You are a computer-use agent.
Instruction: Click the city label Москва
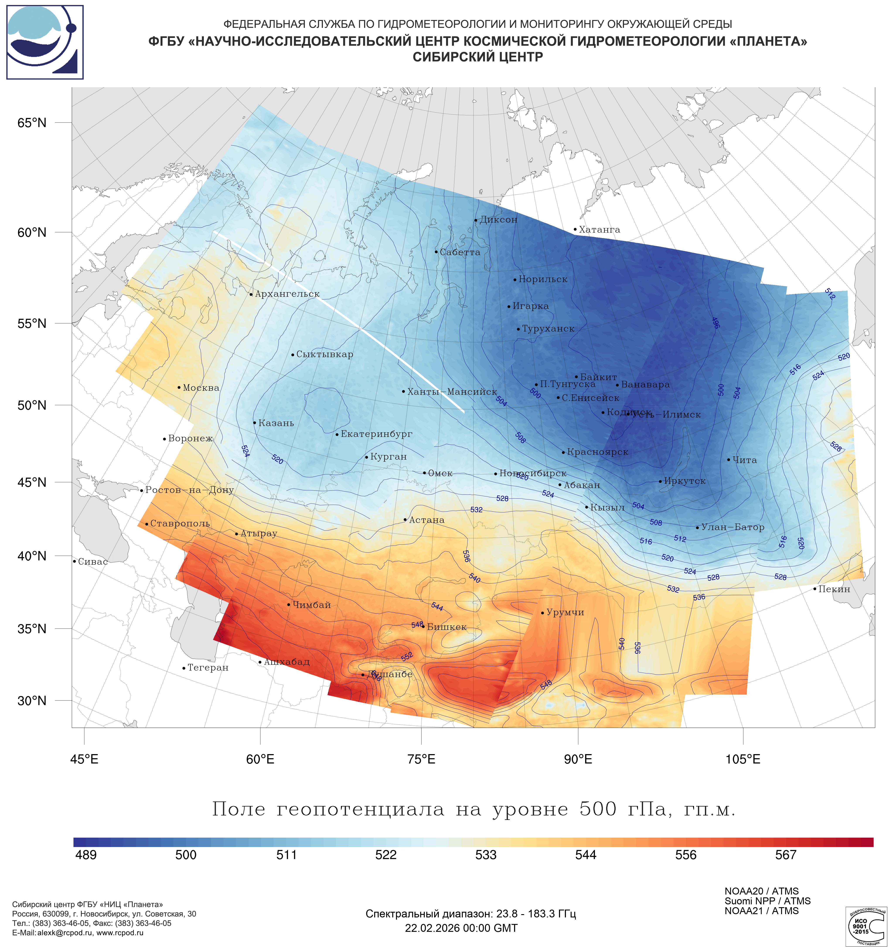tap(201, 388)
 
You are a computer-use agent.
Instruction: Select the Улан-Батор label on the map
tap(732, 527)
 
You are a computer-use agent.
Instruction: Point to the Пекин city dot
tap(815, 589)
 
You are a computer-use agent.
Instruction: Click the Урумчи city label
tap(565, 612)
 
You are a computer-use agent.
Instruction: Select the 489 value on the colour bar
tap(86, 855)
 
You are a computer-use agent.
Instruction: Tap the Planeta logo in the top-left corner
tap(45, 42)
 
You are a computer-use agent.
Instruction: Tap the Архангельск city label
tap(287, 294)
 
